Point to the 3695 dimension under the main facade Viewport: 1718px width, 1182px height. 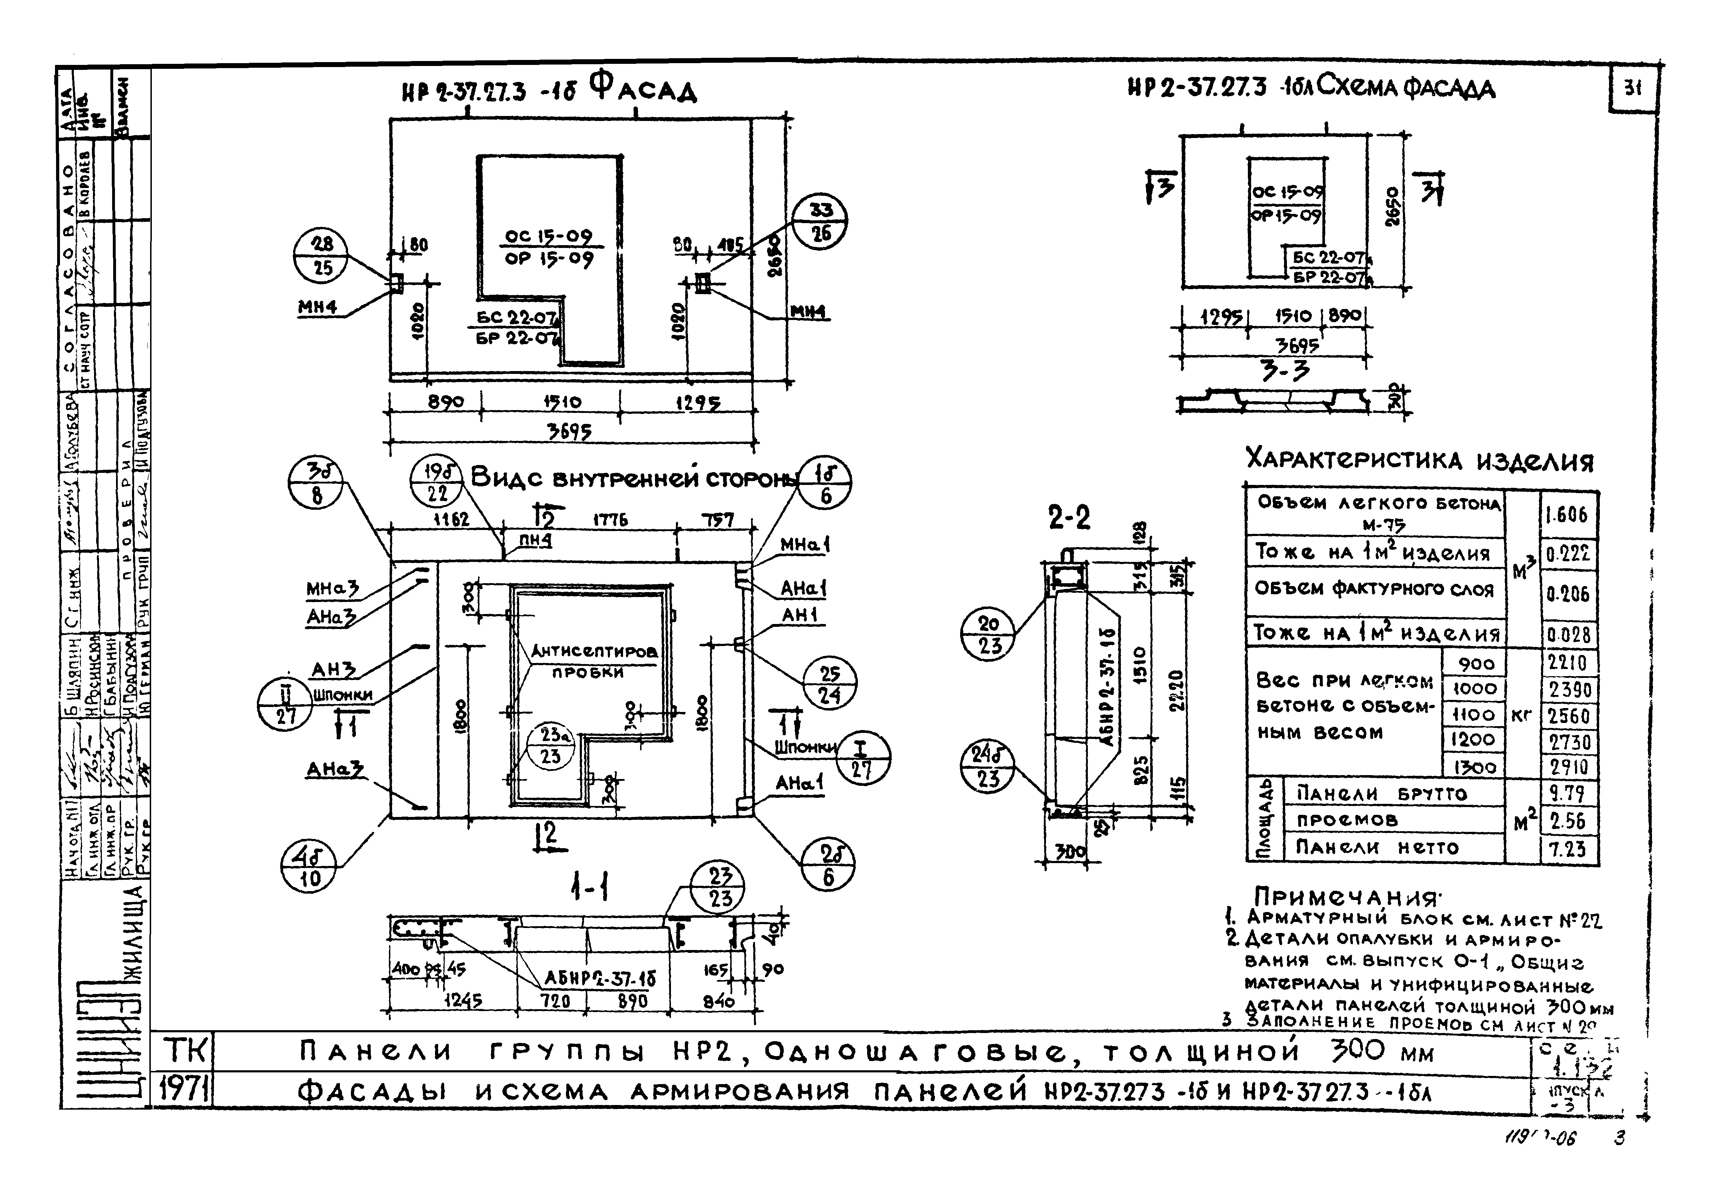(x=569, y=431)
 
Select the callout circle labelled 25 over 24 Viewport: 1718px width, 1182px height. (x=830, y=684)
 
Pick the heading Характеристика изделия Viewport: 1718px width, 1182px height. (x=1419, y=461)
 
